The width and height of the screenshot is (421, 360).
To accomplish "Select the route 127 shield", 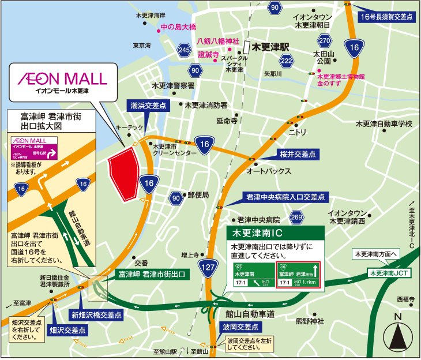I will tap(208, 267).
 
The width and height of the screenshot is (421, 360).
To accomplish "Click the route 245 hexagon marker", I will tap(185, 50).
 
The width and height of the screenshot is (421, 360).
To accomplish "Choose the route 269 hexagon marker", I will tap(296, 217).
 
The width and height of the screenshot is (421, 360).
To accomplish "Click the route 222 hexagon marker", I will tap(286, 61).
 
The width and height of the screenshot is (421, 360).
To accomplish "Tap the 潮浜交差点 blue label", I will tap(146, 106).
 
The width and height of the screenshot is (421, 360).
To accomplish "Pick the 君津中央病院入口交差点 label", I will tap(284, 197).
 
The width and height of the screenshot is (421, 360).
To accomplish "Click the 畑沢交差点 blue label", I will tap(67, 331).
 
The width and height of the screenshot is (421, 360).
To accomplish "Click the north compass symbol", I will tap(397, 333).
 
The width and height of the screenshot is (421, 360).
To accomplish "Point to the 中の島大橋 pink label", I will tap(178, 27).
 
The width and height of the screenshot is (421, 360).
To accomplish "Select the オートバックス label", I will tap(268, 171).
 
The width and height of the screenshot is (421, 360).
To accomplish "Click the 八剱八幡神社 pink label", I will tap(217, 42).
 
